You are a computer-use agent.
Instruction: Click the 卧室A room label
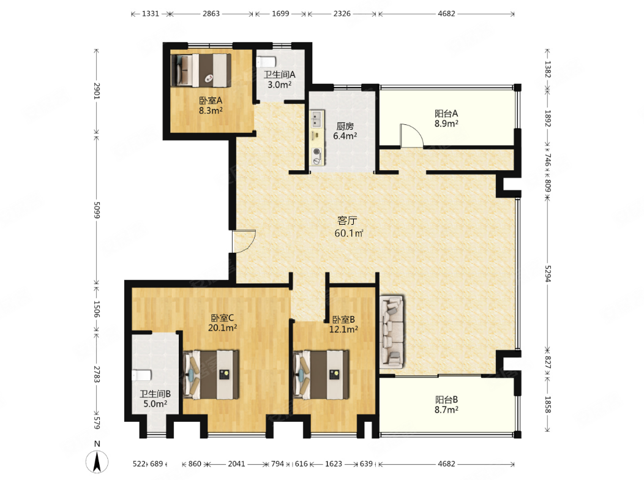pos(211,100)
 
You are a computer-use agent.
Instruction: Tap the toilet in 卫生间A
pos(266,62)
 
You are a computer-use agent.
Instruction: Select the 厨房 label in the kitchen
pos(345,126)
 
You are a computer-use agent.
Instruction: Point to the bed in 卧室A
pos(201,70)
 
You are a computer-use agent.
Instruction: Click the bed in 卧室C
pos(211,374)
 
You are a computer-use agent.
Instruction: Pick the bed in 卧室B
pos(321,374)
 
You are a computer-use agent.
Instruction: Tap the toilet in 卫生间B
pos(141,375)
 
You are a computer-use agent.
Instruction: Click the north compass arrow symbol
pos(97,461)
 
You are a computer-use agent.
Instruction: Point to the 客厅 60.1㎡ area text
pos(349,227)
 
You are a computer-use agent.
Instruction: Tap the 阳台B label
pos(446,400)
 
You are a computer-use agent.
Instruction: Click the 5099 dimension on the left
pos(97,210)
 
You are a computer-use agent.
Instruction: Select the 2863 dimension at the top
pos(211,13)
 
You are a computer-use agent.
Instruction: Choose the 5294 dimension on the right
pos(547,274)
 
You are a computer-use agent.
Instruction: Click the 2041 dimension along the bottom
pos(236,463)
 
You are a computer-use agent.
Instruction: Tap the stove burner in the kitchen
pos(316,151)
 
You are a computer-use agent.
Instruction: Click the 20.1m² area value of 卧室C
pos(222,328)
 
